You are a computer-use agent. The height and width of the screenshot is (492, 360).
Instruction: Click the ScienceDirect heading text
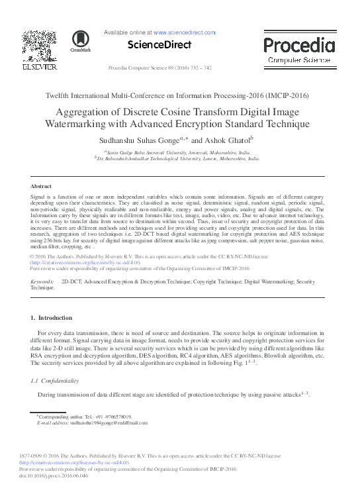pyautogui.click(x=161, y=44)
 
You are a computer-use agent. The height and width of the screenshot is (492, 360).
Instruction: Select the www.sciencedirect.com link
pyautogui.click(x=184, y=31)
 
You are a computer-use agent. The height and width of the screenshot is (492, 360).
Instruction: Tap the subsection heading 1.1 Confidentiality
pyautogui.click(x=55, y=381)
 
